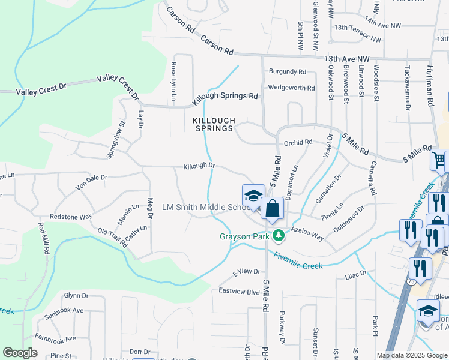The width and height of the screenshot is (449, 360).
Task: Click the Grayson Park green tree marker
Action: [x=277, y=235]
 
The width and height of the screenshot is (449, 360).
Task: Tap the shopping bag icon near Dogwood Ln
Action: [x=272, y=209]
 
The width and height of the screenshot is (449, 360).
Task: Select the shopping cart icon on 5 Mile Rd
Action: [x=439, y=160]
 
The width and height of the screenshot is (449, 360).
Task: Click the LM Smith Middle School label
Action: [x=206, y=208]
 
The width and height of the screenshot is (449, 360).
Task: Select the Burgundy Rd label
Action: [x=287, y=72]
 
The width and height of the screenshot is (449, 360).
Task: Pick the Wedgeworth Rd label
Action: [x=291, y=88]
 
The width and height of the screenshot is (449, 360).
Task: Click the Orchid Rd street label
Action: [x=298, y=142]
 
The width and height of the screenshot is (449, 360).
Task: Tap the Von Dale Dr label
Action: [x=91, y=178]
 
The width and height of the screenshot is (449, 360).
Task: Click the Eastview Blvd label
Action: [x=239, y=292]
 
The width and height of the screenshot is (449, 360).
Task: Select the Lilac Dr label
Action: [x=355, y=274]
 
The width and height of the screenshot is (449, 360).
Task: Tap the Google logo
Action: [x=20, y=353]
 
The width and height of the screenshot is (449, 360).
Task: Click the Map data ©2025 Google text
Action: [x=411, y=355]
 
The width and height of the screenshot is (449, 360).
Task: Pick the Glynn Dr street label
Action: [x=76, y=296]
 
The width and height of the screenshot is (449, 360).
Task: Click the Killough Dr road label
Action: [x=199, y=166]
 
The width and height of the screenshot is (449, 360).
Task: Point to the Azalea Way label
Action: [x=307, y=234]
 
